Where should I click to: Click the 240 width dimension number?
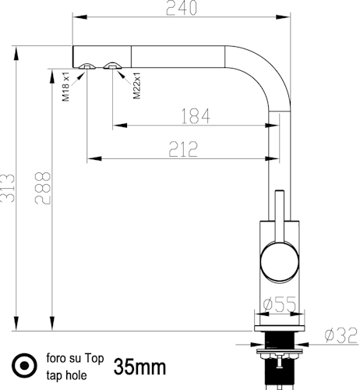(182, 8)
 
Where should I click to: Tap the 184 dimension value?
(196, 116)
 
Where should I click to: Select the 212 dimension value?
(183, 149)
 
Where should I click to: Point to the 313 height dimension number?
(7, 188)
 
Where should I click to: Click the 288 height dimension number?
(43, 188)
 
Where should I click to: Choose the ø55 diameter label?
(279, 304)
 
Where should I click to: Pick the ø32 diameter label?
(341, 335)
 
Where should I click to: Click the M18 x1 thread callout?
(65, 87)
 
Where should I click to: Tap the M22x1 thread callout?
(136, 86)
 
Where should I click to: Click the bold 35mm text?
(139, 367)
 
